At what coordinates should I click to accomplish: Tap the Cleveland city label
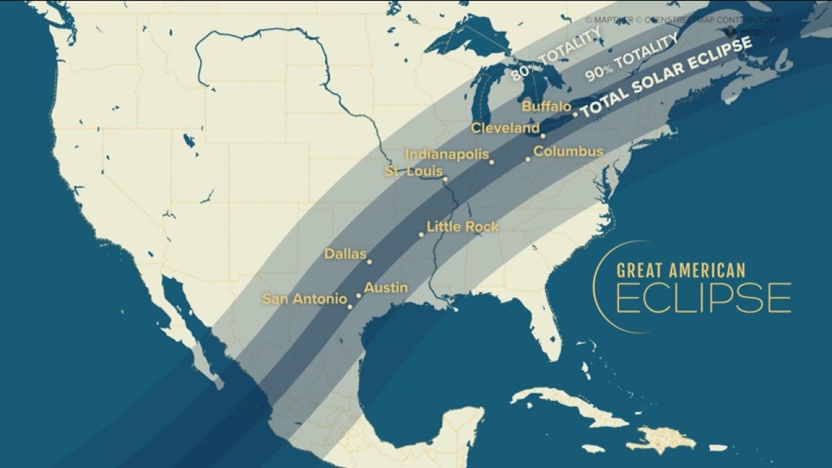pos(505,128)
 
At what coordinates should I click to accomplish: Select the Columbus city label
pos(568,152)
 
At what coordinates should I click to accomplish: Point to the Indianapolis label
pos(447,155)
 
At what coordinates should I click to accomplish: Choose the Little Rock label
pos(463,227)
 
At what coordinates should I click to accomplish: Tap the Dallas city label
pos(345,255)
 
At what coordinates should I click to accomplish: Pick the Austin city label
pos(385,288)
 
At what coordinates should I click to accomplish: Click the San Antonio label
pos(304,299)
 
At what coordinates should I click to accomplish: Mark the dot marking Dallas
pos(369,261)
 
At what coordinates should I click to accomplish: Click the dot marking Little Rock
pos(421,234)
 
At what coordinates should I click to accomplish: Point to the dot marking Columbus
pos(528,159)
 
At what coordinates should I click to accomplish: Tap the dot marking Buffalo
pos(575,114)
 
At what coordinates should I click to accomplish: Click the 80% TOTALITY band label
pos(555,53)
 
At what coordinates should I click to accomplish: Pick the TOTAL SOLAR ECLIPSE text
pos(666,78)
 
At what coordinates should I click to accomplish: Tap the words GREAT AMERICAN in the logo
pos(681,270)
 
